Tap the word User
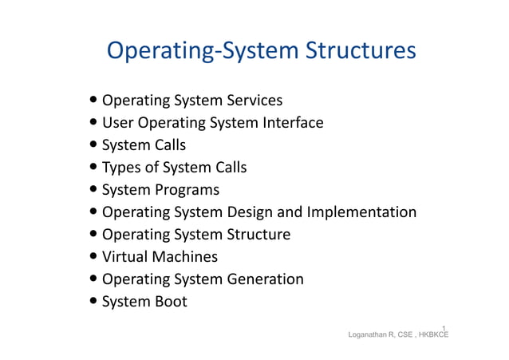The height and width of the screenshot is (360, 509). [x=118, y=123]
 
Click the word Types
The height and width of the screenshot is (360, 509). [x=122, y=168]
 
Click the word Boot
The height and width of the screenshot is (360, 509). [x=168, y=302]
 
